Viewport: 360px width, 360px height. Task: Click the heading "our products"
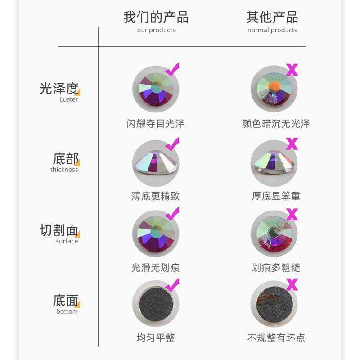pyautogui.click(x=156, y=30)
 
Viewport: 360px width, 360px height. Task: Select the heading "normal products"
pyautogui.click(x=272, y=30)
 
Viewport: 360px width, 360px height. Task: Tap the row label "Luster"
pyautogui.click(x=69, y=99)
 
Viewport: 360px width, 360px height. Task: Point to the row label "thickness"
pyautogui.click(x=64, y=170)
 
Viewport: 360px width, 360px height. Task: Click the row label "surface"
pyautogui.click(x=67, y=241)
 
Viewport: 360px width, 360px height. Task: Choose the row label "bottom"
pyautogui.click(x=67, y=311)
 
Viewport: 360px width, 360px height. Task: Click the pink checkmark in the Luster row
pyautogui.click(x=172, y=69)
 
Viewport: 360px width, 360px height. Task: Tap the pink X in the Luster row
pyautogui.click(x=292, y=70)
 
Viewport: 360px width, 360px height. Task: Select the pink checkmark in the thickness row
pyautogui.click(x=172, y=144)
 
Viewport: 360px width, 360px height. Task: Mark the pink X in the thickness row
pyautogui.click(x=292, y=144)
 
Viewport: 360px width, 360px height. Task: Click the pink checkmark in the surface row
pyautogui.click(x=172, y=213)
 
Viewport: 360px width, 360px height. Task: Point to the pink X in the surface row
pyautogui.click(x=292, y=214)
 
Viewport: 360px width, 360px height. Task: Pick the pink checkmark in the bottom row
pyautogui.click(x=172, y=285)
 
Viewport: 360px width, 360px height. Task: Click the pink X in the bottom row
pyautogui.click(x=292, y=285)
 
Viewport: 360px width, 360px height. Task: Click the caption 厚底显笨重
pyautogui.click(x=276, y=196)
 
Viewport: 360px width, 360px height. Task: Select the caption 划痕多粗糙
pyautogui.click(x=276, y=268)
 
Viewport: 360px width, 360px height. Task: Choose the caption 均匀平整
pyautogui.click(x=156, y=337)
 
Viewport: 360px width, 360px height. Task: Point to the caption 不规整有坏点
pyautogui.click(x=276, y=337)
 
